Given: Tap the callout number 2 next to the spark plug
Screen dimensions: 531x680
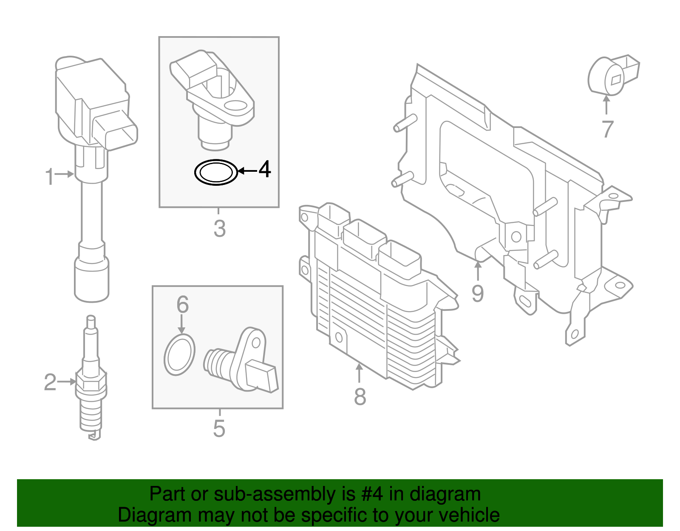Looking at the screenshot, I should pyautogui.click(x=50, y=382).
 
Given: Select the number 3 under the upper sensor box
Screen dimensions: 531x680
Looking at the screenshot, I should pyautogui.click(x=219, y=229).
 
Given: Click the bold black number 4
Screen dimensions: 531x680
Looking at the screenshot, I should pyautogui.click(x=265, y=170).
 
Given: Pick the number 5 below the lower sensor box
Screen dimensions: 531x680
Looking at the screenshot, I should pyautogui.click(x=219, y=429).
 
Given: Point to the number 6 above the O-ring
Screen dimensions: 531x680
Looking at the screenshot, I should pyautogui.click(x=182, y=304).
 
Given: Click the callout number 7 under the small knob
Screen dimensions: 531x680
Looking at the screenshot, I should pyautogui.click(x=608, y=129).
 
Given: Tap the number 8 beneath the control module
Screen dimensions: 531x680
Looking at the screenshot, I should pyautogui.click(x=360, y=397).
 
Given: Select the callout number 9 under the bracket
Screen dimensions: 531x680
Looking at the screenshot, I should pyautogui.click(x=478, y=293).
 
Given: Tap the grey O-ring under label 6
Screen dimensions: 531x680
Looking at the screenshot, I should pyautogui.click(x=179, y=355).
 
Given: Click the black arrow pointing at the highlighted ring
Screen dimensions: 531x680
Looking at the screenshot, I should pyautogui.click(x=247, y=171).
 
